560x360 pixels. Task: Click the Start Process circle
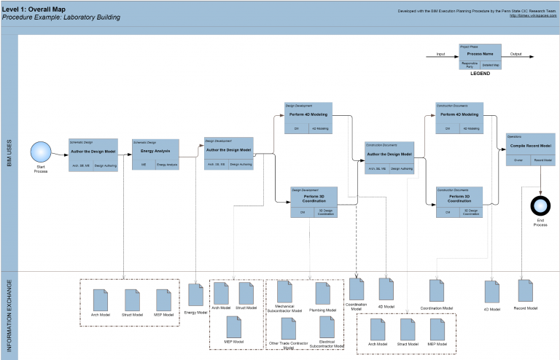point(41,152)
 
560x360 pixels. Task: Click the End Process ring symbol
point(540,205)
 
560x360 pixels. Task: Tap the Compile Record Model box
point(521,148)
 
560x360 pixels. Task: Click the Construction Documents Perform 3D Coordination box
point(459,202)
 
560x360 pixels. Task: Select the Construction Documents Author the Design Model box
point(389,157)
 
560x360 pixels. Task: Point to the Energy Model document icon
point(195,295)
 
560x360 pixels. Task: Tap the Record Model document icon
point(526,290)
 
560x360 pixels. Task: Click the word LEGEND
point(480,74)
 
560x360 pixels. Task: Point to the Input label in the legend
point(440,53)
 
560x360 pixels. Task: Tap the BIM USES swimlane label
point(9,152)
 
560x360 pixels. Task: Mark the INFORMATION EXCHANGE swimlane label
point(9,316)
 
